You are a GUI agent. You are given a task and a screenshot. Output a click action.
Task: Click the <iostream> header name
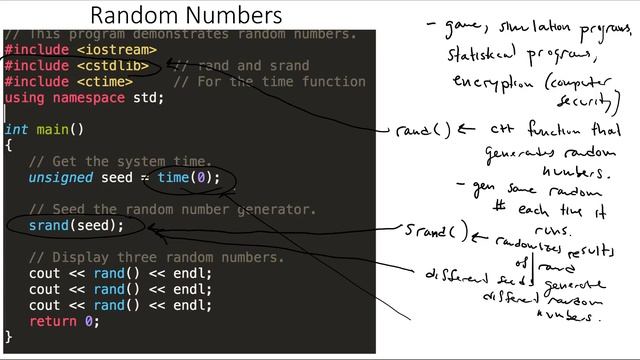pos(117,50)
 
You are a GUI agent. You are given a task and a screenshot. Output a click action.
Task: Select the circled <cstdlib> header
pos(113,66)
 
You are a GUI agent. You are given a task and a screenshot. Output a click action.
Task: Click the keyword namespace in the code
pos(89,98)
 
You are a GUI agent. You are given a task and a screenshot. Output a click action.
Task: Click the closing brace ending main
pos(8,337)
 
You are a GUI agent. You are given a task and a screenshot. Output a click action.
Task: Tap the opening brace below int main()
pos(8,146)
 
